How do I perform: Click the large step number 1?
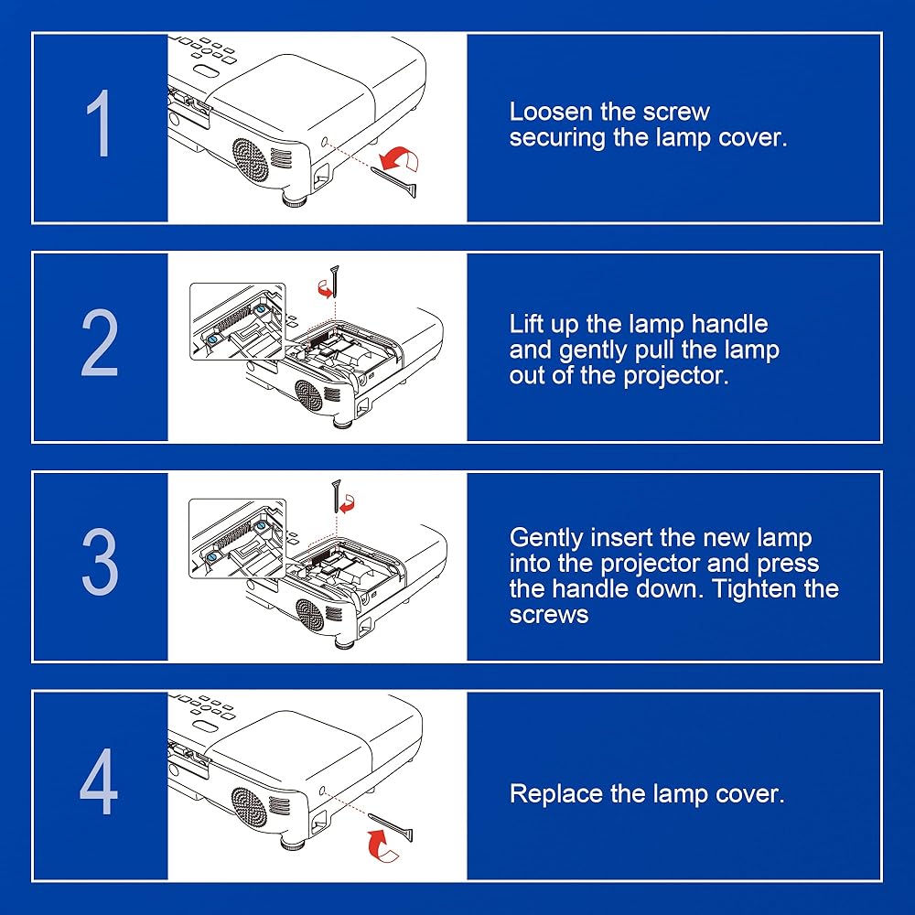(99, 124)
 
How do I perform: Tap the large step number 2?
(100, 342)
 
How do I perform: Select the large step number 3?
(100, 562)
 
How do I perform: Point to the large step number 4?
(99, 781)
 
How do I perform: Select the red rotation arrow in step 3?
(348, 503)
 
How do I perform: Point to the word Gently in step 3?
(546, 538)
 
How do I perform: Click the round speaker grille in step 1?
(251, 158)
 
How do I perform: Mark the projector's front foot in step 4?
(294, 844)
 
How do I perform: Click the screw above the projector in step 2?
(335, 281)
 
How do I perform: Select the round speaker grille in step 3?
(309, 615)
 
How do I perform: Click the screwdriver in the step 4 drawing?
(390, 827)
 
